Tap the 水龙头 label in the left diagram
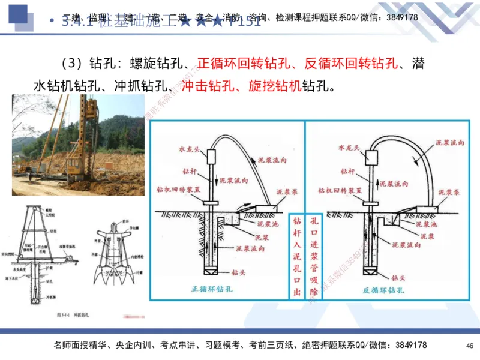tap(188, 146)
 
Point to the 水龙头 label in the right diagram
tap(349, 146)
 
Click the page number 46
tap(469, 346)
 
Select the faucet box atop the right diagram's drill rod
tap(372, 157)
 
